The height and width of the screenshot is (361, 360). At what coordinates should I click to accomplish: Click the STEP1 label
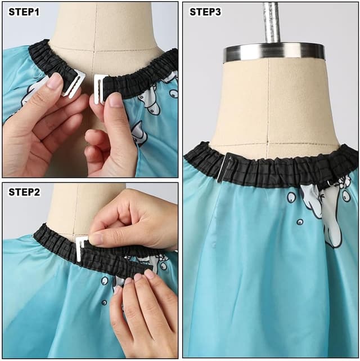[x=24, y=12]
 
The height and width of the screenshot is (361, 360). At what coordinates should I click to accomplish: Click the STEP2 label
[x=24, y=192]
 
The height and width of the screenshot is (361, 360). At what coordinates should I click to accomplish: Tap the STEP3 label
[x=205, y=12]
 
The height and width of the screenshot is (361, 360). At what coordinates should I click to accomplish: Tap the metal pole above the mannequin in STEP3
[x=271, y=23]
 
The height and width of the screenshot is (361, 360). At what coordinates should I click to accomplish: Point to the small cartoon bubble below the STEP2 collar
[x=104, y=302]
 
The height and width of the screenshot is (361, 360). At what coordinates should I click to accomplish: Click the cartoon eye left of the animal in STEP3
[x=291, y=197]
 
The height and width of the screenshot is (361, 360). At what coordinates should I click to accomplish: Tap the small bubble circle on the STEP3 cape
[x=299, y=222]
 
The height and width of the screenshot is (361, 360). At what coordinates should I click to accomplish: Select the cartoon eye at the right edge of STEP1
[x=174, y=93]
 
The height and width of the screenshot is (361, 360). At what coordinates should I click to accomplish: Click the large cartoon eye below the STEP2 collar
[x=105, y=280]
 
